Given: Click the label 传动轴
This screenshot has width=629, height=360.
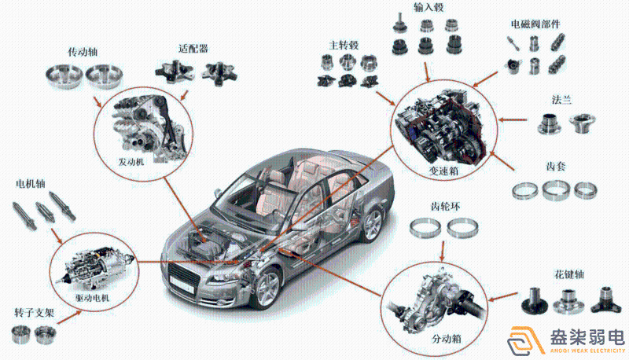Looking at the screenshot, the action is coord(83,52).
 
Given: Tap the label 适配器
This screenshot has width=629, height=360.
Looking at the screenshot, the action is coord(193,49).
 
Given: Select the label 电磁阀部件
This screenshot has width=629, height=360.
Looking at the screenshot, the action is coord(535,24).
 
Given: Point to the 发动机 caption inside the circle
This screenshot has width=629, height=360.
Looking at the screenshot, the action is coord(131,162).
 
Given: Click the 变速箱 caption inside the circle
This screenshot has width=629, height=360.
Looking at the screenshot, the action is coord(443,171).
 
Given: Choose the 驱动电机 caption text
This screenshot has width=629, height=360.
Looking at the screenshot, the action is coord(92,298).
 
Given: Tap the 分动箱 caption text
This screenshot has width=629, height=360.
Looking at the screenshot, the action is coord(446,339).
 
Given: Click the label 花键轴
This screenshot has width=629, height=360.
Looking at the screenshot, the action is coord(568,274).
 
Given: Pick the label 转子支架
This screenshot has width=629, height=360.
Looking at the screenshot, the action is coord(34,313).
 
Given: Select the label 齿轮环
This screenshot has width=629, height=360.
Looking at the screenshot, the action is coord(445,207).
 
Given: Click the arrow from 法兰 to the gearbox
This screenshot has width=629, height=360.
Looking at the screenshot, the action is coord(513,119).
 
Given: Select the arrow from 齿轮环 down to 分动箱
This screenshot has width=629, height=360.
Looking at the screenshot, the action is coord(443,252).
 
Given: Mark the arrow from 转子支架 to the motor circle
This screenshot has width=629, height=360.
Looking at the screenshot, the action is coord(69,317).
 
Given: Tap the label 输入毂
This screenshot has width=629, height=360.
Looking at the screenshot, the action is coord(429,7).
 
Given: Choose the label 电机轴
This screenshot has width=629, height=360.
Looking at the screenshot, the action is coord(31,184).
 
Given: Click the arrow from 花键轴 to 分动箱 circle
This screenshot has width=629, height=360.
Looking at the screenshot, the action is coord(502,297).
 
